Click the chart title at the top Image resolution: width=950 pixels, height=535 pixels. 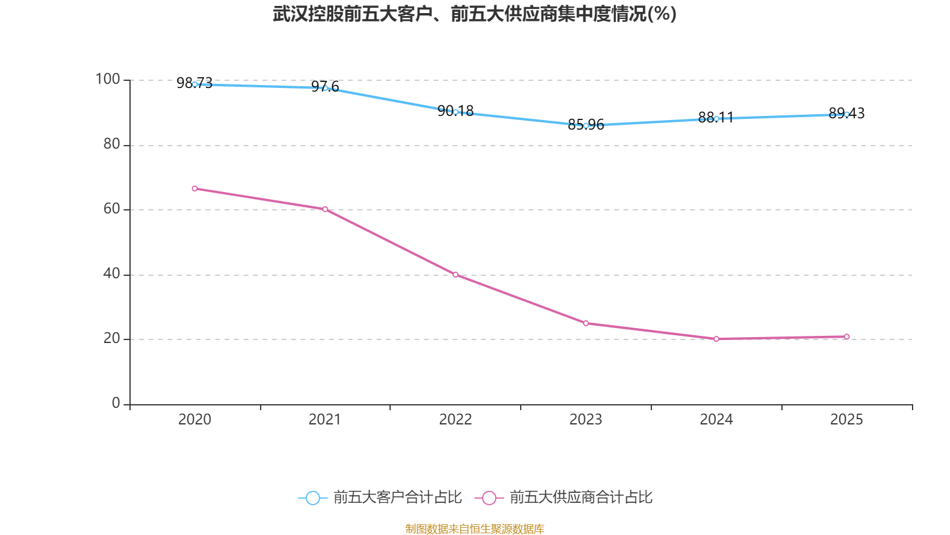tap(474, 14)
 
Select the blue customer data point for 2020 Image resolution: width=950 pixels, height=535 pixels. tap(195, 84)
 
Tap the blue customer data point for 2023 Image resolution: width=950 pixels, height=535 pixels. tap(586, 125)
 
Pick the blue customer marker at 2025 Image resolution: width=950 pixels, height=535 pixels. tap(847, 114)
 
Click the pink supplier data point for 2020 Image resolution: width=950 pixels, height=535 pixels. tap(195, 188)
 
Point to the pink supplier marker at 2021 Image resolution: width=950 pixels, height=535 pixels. tap(325, 209)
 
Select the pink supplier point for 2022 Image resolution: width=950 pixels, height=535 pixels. tap(455, 275)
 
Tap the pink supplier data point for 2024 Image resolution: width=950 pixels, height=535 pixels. tap(716, 339)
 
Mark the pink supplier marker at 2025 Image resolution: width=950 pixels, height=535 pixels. tap(847, 336)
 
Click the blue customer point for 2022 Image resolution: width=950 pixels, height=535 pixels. tap(455, 112)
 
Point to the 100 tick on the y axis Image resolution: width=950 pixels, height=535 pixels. tap(107, 79)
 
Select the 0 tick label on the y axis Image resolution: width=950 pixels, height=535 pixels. tap(116, 403)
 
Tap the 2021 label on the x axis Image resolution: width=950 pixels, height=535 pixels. tap(325, 420)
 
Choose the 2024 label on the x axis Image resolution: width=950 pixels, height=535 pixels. tap(716, 420)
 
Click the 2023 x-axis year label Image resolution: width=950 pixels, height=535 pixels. tap(585, 420)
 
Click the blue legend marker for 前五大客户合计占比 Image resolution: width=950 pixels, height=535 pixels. tap(312, 498)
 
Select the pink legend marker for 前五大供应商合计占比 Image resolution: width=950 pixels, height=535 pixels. tap(489, 498)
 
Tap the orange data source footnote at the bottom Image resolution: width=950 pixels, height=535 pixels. tap(474, 528)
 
